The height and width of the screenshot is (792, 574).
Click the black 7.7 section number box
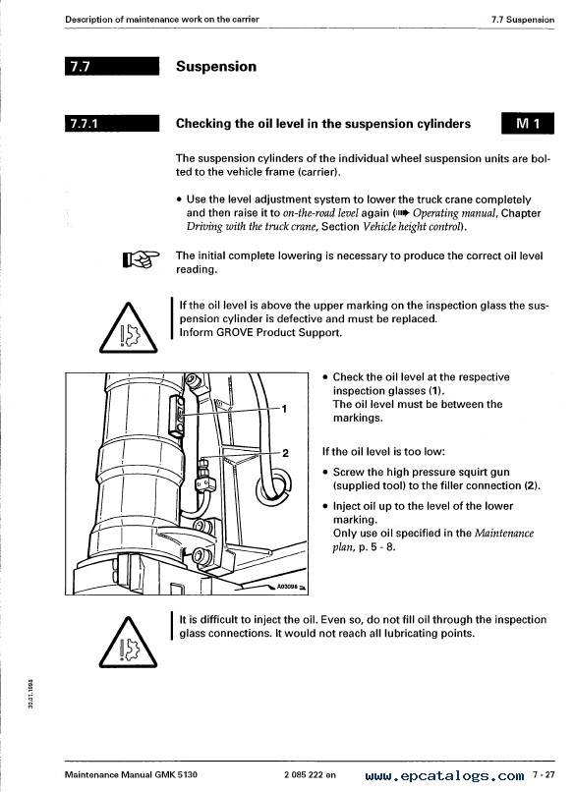pos(112,66)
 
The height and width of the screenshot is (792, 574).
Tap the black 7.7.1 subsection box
pos(112,123)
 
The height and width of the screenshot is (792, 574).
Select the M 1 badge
pos(528,123)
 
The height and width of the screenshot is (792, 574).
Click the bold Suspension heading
pos(216,66)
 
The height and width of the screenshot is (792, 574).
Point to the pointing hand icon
pos(141,259)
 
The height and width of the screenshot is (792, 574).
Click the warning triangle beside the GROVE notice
pos(129,328)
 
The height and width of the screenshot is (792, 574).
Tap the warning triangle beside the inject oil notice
pos(129,642)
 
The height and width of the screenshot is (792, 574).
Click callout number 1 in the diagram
pos(284,408)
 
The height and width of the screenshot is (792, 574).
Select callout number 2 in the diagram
pos(285,453)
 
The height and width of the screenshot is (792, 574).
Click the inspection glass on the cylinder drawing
pos(177,415)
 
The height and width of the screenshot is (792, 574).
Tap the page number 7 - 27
pos(544,774)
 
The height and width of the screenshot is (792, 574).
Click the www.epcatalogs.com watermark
pos(444,775)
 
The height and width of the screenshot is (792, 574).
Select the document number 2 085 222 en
pos(311,775)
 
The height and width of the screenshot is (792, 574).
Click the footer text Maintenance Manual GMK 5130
pos(131,775)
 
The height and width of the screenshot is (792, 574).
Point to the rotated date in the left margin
pos(30,694)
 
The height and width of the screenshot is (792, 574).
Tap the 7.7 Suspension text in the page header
pos(523,20)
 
